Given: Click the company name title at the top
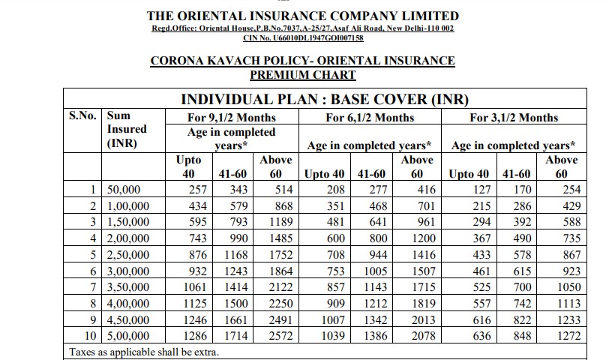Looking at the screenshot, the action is click(x=302, y=16).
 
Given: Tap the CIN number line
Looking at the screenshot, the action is click(x=303, y=38).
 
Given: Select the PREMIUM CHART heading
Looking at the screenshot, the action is click(x=302, y=75).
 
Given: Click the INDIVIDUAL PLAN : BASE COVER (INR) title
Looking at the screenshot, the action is click(x=325, y=100).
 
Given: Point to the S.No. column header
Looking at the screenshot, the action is click(x=82, y=115).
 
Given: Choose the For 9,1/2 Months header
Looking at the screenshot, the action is click(x=232, y=118).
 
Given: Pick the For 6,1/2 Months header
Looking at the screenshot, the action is click(x=370, y=118).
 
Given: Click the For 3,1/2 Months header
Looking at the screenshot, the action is click(x=514, y=118).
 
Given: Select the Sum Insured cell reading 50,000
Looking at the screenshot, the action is click(x=124, y=190).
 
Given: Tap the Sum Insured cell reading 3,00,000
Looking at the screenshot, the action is click(x=128, y=271).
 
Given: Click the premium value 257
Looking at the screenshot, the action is click(x=198, y=190).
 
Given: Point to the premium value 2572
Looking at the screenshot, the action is click(x=281, y=336).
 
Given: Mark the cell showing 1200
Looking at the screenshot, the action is click(x=424, y=238).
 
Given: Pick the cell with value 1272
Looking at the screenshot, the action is click(x=569, y=336).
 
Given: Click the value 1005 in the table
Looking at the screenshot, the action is click(x=375, y=271).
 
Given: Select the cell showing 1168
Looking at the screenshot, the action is click(x=235, y=255).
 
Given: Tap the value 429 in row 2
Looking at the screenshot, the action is click(x=572, y=205).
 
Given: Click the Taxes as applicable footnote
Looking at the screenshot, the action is click(x=144, y=352).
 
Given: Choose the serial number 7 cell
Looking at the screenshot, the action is click(x=93, y=287).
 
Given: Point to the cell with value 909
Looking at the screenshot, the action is click(x=336, y=304).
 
